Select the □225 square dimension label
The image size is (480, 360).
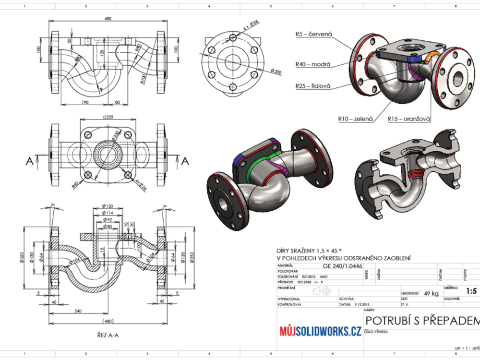(108, 117)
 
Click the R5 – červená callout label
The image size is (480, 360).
(314, 34)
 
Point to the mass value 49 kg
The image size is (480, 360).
(432, 293)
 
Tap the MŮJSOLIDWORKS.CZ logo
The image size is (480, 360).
(320, 331)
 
